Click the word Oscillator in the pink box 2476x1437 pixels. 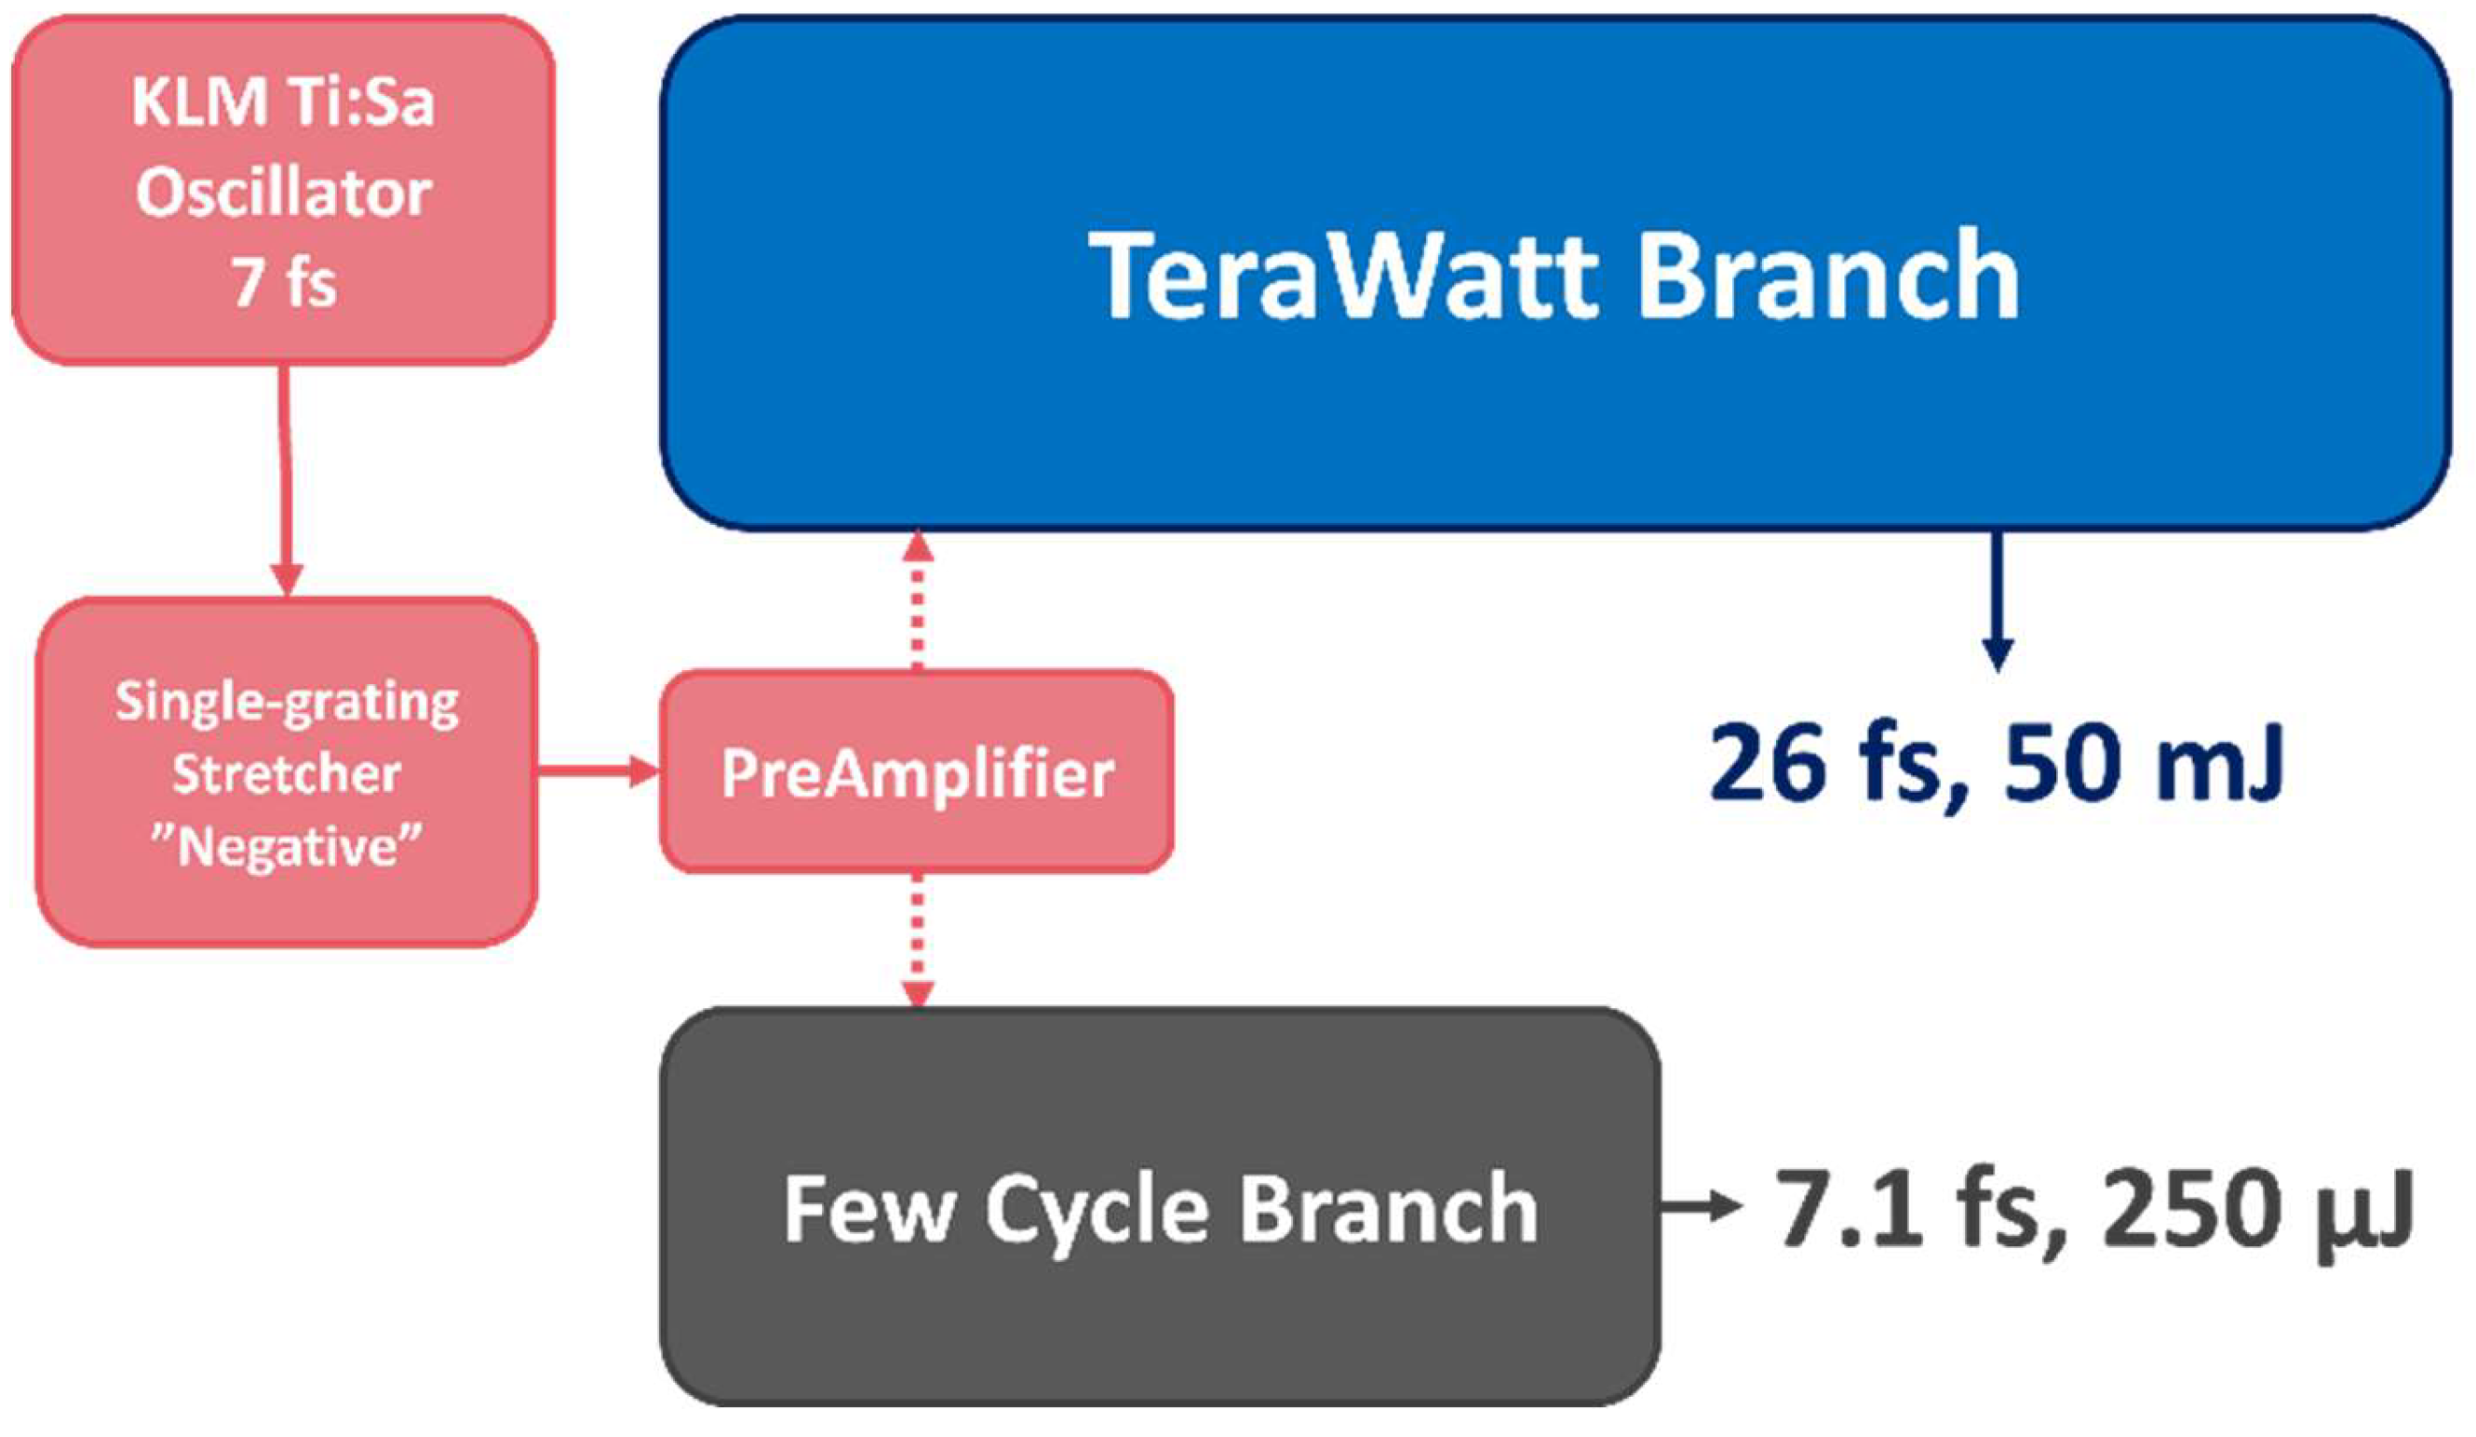283,194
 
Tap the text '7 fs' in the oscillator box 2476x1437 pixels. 283,284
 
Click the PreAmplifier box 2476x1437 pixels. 916,772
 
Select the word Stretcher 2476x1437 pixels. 287,774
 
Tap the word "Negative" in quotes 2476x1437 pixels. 287,847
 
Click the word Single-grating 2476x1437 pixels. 287,703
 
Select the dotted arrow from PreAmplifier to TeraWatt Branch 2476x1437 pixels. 917,599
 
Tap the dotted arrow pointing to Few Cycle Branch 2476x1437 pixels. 917,938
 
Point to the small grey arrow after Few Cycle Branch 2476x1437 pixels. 1699,1208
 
